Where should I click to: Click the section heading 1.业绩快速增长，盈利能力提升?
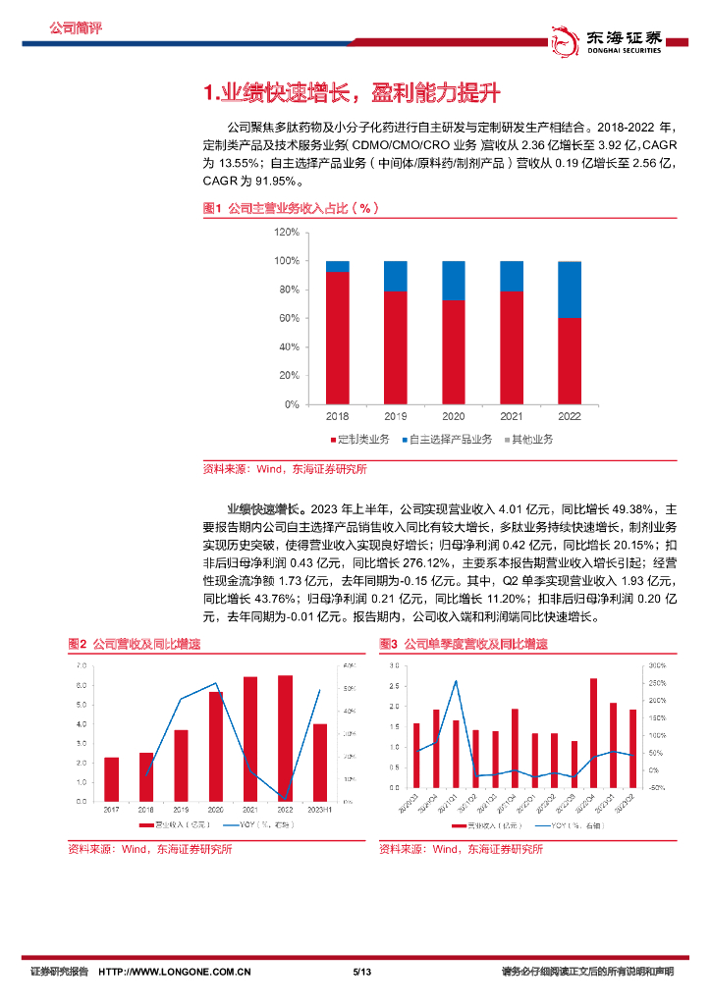(352, 93)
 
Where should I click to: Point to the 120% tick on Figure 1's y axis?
(287, 232)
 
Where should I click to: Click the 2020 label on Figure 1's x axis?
(454, 417)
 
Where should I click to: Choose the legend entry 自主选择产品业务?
(449, 439)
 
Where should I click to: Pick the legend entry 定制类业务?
(362, 439)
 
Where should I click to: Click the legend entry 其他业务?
(529, 439)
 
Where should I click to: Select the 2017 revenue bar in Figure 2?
(111, 778)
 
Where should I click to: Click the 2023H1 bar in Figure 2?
(318, 762)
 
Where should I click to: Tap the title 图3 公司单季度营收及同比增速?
(464, 644)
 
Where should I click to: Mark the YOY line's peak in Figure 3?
(456, 681)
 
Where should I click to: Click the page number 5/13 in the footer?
(360, 972)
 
